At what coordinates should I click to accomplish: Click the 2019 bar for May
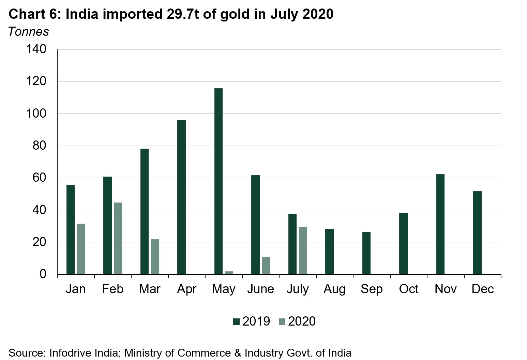219,181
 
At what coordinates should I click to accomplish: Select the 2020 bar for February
118,238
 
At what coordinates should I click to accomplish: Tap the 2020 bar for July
303,250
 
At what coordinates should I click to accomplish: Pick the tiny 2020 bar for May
229,273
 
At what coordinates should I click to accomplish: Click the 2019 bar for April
182,197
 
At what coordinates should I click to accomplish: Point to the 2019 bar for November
440,224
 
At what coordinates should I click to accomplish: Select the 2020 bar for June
266,265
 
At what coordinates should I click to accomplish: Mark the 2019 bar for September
366,253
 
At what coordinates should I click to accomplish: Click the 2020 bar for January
81,249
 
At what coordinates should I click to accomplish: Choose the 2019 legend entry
252,321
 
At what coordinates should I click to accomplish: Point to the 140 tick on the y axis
36,49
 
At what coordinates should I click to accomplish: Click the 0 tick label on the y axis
43,274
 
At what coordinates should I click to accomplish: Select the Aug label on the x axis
334,289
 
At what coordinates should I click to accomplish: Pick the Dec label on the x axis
483,289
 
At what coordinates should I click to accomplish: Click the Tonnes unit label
29,31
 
